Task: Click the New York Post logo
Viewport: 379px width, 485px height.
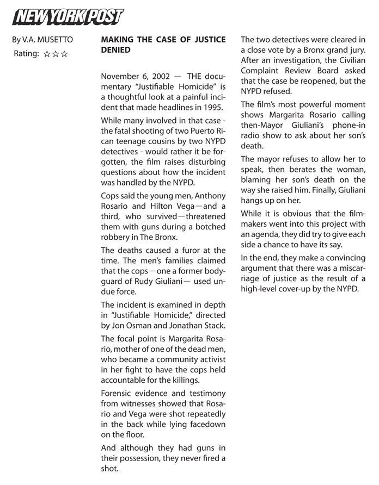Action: (68, 17)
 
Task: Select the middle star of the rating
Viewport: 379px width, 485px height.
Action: (56, 54)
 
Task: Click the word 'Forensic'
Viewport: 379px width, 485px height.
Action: (118, 393)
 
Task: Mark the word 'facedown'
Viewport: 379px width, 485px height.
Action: (208, 424)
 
